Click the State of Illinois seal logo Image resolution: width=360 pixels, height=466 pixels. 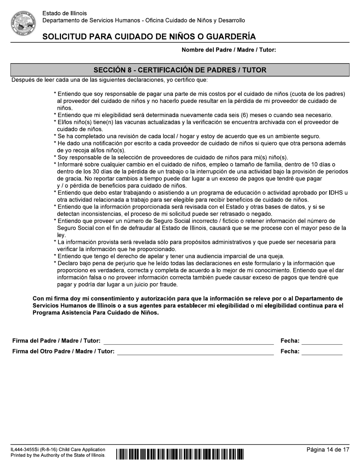click(x=23, y=23)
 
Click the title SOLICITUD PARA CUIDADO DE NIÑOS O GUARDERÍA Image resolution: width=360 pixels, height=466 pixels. click(x=149, y=37)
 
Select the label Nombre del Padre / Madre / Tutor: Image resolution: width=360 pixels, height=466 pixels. click(x=229, y=50)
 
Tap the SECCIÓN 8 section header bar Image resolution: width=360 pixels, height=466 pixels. click(x=180, y=70)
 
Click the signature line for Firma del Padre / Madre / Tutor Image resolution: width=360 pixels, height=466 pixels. click(x=188, y=341)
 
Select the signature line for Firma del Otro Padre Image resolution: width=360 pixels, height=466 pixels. click(x=195, y=352)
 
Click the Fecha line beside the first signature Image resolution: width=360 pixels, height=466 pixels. click(x=322, y=341)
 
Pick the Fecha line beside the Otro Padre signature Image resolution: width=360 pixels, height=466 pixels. click(x=322, y=352)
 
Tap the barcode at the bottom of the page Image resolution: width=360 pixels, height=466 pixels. click(x=180, y=454)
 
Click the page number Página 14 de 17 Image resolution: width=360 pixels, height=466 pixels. click(x=328, y=450)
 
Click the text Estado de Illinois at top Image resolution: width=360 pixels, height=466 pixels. click(x=64, y=13)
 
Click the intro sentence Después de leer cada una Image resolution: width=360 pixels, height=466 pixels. click(x=110, y=80)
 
